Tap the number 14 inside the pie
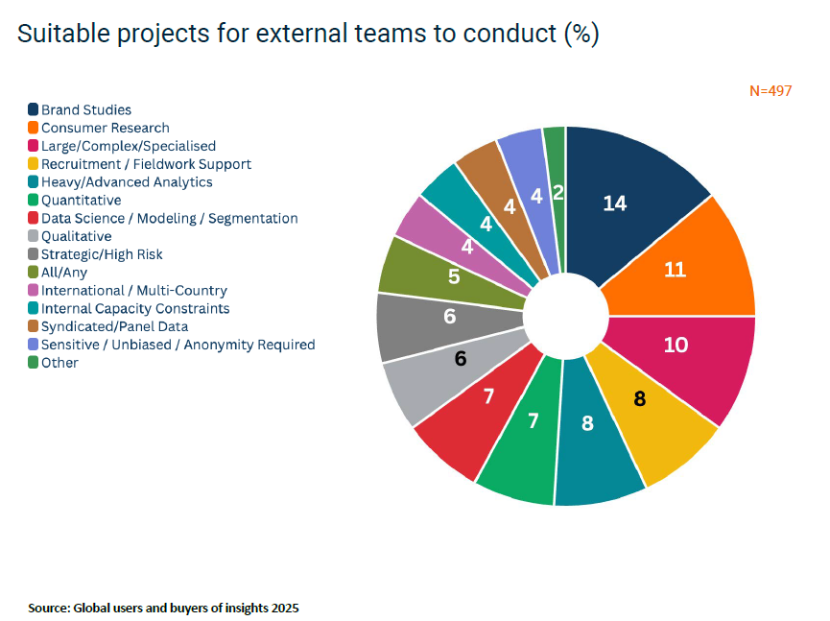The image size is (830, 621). point(614,203)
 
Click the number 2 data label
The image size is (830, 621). point(557,193)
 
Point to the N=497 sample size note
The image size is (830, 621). point(771,91)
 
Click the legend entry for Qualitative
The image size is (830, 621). point(76,236)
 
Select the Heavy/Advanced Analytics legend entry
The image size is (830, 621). point(127,182)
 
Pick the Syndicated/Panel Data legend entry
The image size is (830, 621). point(114,326)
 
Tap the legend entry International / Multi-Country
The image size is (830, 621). point(133,290)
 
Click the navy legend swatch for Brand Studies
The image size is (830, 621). point(34,109)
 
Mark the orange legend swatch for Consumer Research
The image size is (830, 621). point(34,128)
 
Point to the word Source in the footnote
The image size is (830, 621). point(48,609)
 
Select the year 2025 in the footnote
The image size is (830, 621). point(284,609)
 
